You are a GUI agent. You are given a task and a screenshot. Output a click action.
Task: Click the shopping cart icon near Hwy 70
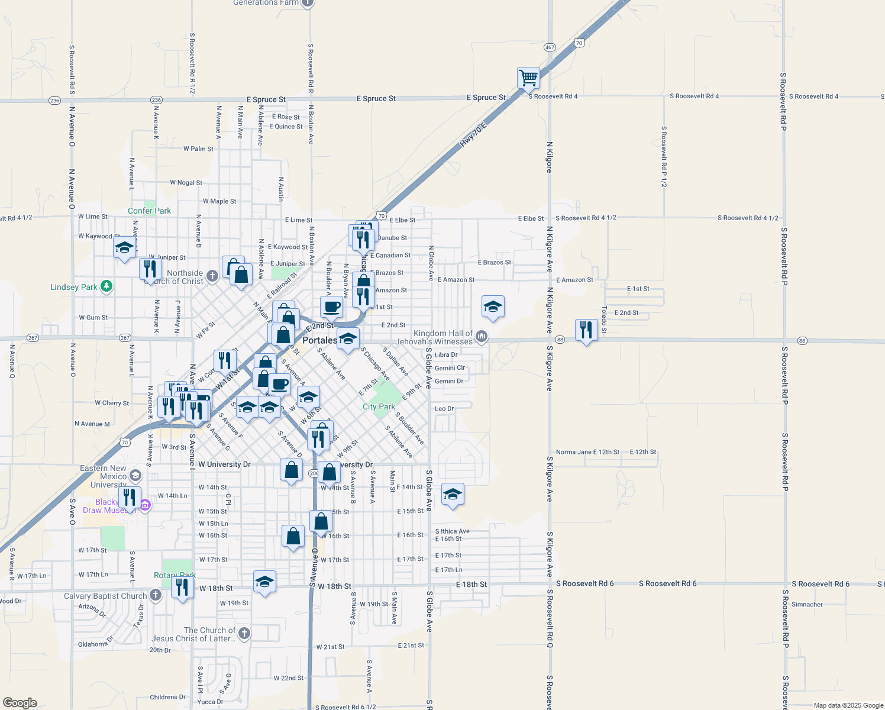[528, 78]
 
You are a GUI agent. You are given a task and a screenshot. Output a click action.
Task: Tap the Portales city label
[319, 340]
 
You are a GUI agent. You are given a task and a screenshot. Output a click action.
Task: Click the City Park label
[379, 406]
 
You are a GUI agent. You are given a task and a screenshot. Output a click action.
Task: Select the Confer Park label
[149, 211]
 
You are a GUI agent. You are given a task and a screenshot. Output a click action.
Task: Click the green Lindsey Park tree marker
[106, 286]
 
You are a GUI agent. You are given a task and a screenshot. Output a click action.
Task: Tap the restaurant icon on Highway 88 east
[586, 330]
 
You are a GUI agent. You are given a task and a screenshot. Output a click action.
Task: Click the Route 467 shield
[550, 47]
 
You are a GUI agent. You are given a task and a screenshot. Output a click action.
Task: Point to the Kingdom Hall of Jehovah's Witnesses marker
[482, 337]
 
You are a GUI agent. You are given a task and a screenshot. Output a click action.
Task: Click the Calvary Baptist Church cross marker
[156, 595]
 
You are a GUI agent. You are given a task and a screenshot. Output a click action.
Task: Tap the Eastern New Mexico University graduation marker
[135, 476]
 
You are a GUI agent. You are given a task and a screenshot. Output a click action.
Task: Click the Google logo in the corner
[20, 702]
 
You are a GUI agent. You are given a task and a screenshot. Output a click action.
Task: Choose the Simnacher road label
[807, 604]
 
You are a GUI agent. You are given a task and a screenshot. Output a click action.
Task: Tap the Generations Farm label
[266, 3]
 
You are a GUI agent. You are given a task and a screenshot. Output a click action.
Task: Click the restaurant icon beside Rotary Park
[182, 586]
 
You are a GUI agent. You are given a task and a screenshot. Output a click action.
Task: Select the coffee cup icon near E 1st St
[331, 306]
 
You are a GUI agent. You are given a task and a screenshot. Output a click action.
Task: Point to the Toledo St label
[604, 319]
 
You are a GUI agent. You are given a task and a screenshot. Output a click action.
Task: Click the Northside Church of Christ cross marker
[212, 275]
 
